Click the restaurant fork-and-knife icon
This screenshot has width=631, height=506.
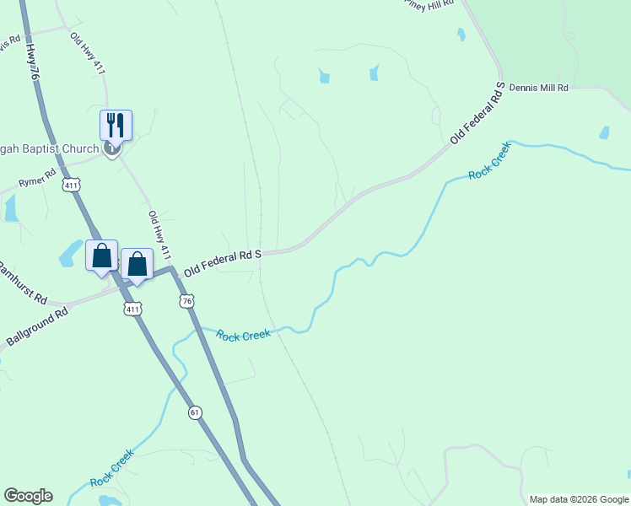pyautogui.click(x=116, y=125)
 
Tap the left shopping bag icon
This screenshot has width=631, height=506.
pyautogui.click(x=101, y=255)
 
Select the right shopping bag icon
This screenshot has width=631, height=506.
pyautogui.click(x=137, y=263)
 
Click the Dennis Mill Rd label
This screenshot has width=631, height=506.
pyautogui.click(x=539, y=87)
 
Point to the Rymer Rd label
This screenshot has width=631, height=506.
pyautogui.click(x=38, y=179)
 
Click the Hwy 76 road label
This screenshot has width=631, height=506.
pyautogui.click(x=33, y=63)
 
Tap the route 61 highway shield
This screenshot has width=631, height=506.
pyautogui.click(x=196, y=412)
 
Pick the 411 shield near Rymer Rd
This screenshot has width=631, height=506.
pyautogui.click(x=73, y=185)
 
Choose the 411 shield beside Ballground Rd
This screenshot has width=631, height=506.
pyautogui.click(x=132, y=310)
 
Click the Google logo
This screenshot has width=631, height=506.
pyautogui.click(x=28, y=496)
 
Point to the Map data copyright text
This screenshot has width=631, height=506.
pyautogui.click(x=579, y=499)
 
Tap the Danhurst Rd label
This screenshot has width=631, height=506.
pyautogui.click(x=23, y=288)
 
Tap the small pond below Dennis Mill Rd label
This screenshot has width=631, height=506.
pyautogui.click(x=604, y=132)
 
